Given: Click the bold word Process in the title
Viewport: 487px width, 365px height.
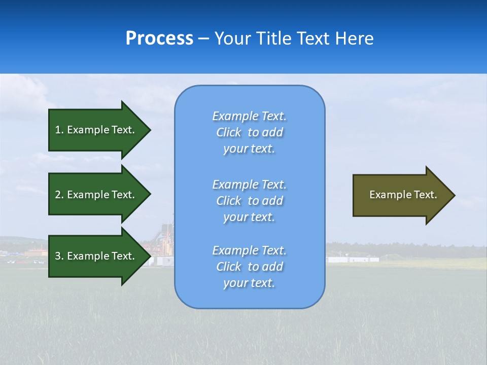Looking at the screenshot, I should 159,39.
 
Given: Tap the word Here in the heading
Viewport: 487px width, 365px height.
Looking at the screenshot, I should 353,39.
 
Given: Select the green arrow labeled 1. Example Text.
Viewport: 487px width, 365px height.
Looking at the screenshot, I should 96,130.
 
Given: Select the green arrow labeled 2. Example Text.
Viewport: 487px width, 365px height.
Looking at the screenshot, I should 96,195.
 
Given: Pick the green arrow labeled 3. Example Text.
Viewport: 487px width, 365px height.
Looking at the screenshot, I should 96,256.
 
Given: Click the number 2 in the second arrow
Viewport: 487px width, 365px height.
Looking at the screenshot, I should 58,195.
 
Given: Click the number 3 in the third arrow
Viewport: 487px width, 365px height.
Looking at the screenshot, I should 58,256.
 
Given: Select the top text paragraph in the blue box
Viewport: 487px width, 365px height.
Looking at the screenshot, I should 249,132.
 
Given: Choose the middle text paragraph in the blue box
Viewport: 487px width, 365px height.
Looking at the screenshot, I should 249,201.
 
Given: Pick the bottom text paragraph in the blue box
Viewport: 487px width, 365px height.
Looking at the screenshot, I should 249,267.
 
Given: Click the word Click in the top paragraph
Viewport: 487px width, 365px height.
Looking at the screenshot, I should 229,132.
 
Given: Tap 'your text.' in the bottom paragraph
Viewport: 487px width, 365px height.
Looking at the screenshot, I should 249,283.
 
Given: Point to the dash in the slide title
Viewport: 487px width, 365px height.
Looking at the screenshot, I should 203,39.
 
